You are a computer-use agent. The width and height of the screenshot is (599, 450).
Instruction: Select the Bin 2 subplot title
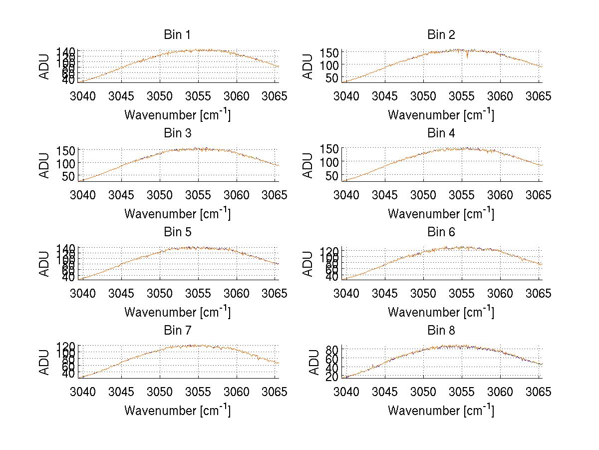[x=441, y=35]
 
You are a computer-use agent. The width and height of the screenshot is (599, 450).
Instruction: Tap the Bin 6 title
[x=441, y=232]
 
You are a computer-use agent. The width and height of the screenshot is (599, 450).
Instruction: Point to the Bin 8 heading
[x=441, y=331]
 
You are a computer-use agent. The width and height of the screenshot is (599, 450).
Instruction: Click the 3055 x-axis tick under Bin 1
[x=199, y=96]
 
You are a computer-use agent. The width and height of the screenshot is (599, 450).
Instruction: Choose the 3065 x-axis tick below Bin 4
[x=539, y=195]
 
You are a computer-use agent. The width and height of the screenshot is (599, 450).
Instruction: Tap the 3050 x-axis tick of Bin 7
[x=160, y=392]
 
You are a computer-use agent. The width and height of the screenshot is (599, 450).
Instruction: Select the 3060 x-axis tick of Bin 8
[x=500, y=392]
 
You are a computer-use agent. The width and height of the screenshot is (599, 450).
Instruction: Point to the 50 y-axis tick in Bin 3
[x=70, y=176]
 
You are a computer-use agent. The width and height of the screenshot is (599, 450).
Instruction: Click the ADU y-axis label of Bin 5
[x=45, y=264]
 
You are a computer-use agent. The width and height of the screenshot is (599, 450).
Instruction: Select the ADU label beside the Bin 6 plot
[x=308, y=264]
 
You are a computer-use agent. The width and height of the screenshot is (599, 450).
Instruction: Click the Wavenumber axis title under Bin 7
[x=177, y=411]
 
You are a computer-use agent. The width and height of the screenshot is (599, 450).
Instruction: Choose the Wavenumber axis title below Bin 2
[x=441, y=115]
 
